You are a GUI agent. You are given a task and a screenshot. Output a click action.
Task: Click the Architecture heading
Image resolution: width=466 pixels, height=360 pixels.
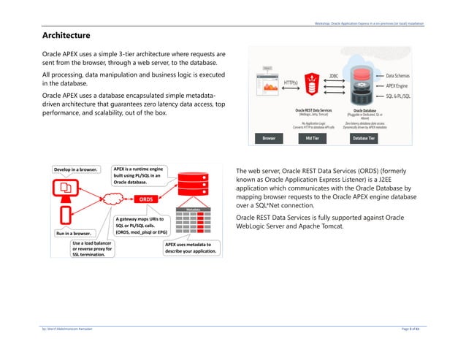click(66, 35)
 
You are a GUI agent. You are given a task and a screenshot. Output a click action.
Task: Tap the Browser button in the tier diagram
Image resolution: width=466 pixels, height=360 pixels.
click(270, 137)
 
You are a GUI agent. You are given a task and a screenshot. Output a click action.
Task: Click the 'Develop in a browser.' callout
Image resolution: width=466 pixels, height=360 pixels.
click(75, 170)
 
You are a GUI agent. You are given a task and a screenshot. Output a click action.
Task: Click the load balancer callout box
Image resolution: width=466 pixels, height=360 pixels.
click(93, 250)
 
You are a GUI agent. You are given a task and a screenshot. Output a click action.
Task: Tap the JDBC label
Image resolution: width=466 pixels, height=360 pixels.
click(334, 74)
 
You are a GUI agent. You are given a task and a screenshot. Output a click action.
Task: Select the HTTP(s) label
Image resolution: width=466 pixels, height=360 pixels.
click(290, 84)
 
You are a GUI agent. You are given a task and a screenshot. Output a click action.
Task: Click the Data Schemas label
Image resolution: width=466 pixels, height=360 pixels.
click(402, 75)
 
